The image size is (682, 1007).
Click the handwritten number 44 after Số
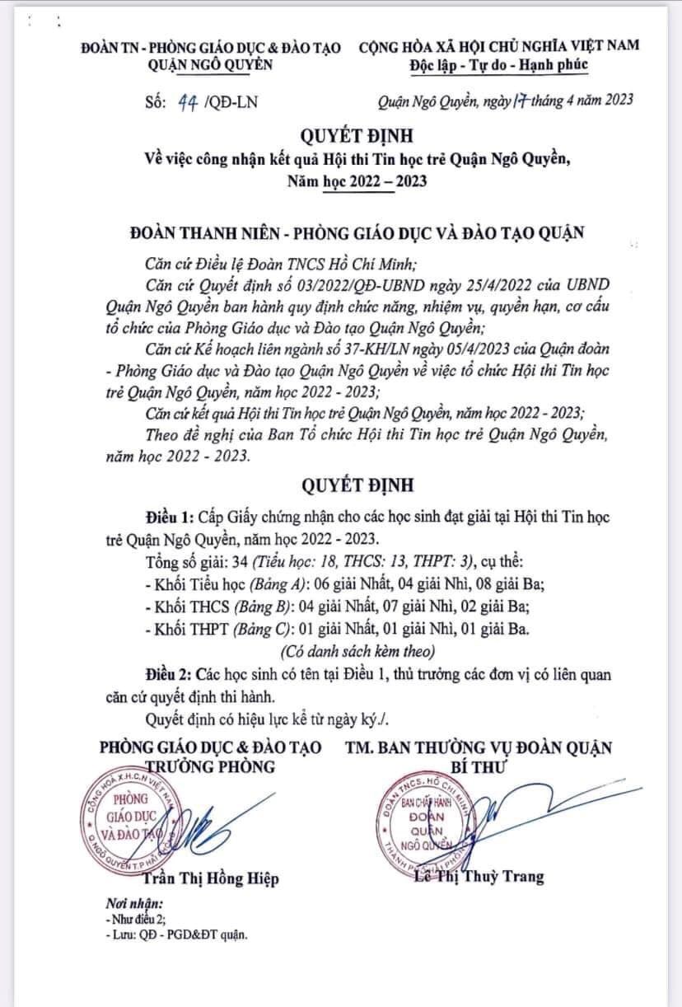tap(186, 101)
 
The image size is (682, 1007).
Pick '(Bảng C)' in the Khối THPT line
tap(244, 630)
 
